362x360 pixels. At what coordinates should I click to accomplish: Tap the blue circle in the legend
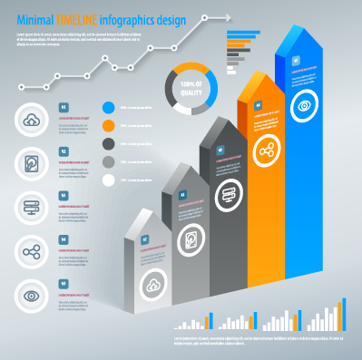[x=110, y=108]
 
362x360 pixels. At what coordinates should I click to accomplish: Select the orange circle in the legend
[x=110, y=126]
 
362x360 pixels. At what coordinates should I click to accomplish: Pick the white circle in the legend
[x=110, y=180]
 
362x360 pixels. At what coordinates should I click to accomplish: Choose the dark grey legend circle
[x=110, y=144]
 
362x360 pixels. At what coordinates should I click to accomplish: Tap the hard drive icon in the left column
[x=32, y=164]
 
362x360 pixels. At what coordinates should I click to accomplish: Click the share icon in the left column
[x=32, y=251]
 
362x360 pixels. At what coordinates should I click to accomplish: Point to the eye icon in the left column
[x=32, y=294]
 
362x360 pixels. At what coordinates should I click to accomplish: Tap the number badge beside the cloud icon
[x=63, y=108]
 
